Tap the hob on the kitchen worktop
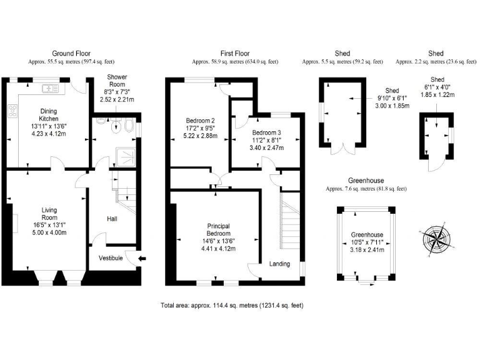[x=11, y=111]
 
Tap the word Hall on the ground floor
[x=112, y=219]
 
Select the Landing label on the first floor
[x=279, y=264]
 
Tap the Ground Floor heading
[x=71, y=54]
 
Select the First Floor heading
[x=236, y=54]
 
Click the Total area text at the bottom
[x=232, y=306]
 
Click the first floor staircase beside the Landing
[x=289, y=216]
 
